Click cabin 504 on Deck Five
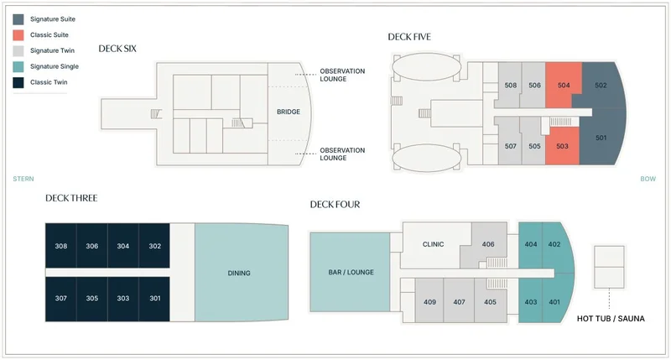point(563,86)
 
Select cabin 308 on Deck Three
point(60,246)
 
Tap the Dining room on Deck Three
point(239,273)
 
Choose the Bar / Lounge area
point(351,272)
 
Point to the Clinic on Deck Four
point(434,244)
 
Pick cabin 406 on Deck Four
point(488,244)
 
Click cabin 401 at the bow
point(554,302)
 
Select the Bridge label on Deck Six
point(288,112)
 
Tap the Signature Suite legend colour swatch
point(18,18)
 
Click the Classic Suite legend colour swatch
point(18,34)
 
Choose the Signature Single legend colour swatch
point(18,66)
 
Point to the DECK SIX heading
point(117,49)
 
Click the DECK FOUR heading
point(335,204)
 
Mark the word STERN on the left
point(23,179)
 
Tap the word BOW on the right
point(648,179)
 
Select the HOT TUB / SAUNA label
point(611,319)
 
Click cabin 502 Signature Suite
point(601,86)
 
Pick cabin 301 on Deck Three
point(154,298)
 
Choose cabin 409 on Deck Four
point(430,302)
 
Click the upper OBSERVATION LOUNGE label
point(342,75)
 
